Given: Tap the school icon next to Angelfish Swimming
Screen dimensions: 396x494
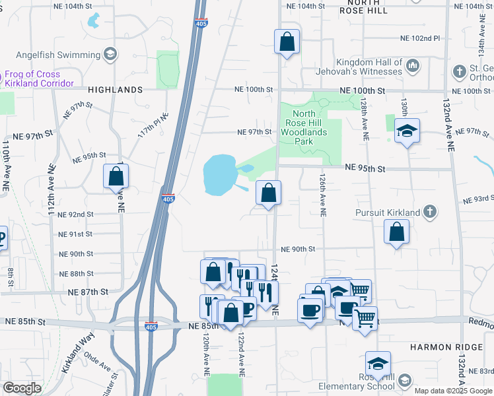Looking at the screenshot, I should [x=111, y=53].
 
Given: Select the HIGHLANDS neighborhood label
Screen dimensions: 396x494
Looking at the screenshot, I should [x=115, y=89].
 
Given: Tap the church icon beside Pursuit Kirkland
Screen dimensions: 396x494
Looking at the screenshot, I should [x=429, y=212].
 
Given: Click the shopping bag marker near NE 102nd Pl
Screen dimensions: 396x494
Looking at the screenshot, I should [x=287, y=42].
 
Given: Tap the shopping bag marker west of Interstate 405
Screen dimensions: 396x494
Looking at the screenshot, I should [x=116, y=176].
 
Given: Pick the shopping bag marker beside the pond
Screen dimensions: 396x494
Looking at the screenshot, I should [x=268, y=193].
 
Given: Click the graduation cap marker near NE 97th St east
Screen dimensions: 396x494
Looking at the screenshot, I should [x=407, y=131].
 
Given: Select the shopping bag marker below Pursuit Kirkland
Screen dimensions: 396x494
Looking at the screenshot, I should [x=396, y=232].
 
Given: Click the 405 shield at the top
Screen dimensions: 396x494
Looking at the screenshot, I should [x=201, y=24].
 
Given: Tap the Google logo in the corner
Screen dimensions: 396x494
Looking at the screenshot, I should [x=22, y=388].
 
